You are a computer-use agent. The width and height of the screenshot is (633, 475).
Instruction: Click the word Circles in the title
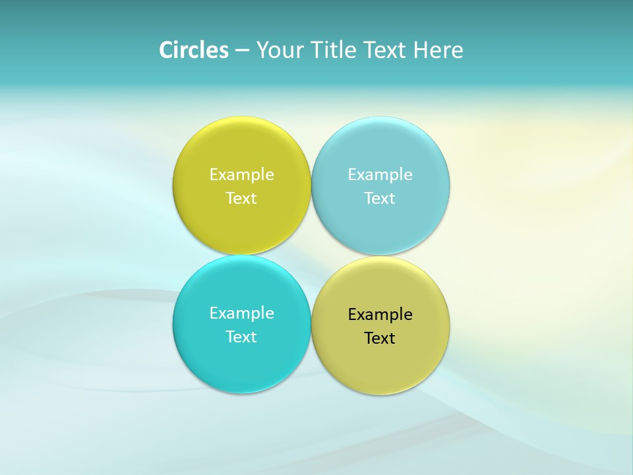coord(194,50)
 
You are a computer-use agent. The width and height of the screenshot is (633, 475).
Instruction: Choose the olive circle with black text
coord(380,363)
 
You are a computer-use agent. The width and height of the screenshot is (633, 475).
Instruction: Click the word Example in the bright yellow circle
coord(241,175)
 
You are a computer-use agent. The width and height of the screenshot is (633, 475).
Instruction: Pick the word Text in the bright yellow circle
coord(241,199)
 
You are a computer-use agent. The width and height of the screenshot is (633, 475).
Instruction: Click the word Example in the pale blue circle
coord(380,175)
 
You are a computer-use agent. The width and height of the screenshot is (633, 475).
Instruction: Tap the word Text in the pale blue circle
coord(380,199)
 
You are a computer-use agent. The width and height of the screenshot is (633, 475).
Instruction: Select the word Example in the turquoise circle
coord(241,313)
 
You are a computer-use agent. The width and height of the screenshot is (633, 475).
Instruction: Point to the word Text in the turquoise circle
coord(241,337)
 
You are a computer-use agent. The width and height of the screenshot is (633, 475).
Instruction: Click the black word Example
coord(380,315)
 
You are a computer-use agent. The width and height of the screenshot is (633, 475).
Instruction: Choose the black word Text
coord(380,338)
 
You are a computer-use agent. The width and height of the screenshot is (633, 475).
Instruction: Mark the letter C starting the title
coord(166,50)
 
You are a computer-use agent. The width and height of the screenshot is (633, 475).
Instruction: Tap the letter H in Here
coord(421,50)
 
